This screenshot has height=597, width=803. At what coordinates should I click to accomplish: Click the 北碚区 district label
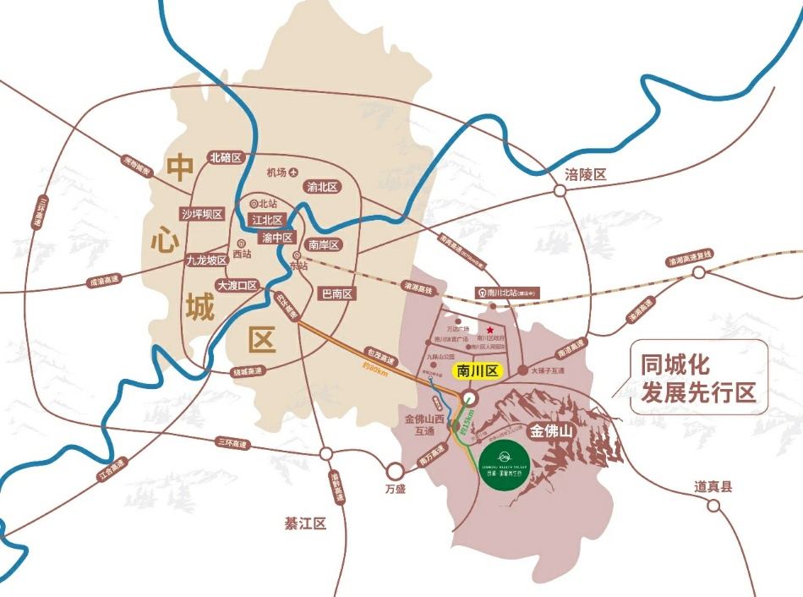(226, 157)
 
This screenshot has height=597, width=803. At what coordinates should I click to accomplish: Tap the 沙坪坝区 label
(202, 214)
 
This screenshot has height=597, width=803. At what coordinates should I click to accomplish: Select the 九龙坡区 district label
(207, 260)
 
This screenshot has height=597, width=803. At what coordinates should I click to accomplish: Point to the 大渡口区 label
(237, 285)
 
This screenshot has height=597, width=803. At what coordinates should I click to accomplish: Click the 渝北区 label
(323, 187)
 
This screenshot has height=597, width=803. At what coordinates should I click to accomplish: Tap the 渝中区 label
(277, 238)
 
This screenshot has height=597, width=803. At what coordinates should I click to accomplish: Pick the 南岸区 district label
(323, 245)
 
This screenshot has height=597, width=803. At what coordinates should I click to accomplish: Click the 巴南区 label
(337, 293)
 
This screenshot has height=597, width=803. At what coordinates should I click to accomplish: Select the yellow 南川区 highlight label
(478, 370)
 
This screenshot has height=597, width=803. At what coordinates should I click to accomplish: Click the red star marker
(489, 320)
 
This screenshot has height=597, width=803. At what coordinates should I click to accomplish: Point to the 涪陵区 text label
(587, 175)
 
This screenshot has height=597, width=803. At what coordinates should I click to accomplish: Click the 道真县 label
(713, 486)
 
